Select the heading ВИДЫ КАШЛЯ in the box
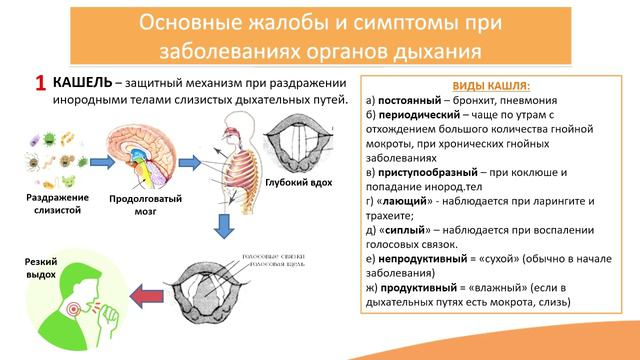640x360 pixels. [x=495, y=87]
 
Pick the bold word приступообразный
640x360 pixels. [x=433, y=172]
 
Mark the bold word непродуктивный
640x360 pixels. [x=427, y=258]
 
